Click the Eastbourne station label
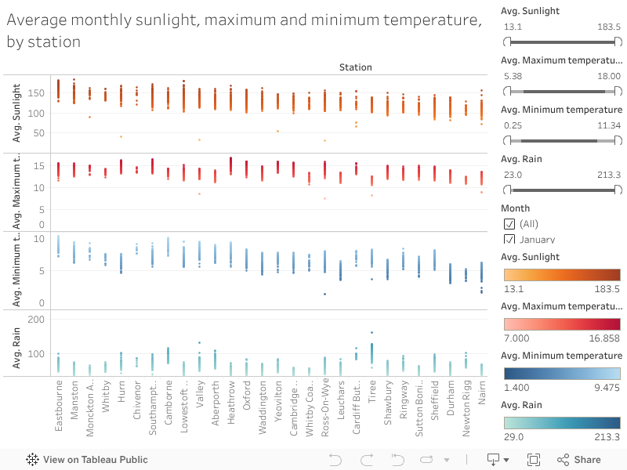click(x=59, y=407)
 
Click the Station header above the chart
click(x=355, y=67)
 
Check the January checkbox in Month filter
click(x=509, y=240)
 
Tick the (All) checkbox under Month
click(x=509, y=224)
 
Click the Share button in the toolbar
click(x=578, y=460)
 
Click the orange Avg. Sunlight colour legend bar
click(x=560, y=274)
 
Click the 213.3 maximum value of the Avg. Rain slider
click(x=609, y=174)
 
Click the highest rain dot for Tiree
click(x=371, y=332)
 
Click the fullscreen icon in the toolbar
click(x=534, y=460)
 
